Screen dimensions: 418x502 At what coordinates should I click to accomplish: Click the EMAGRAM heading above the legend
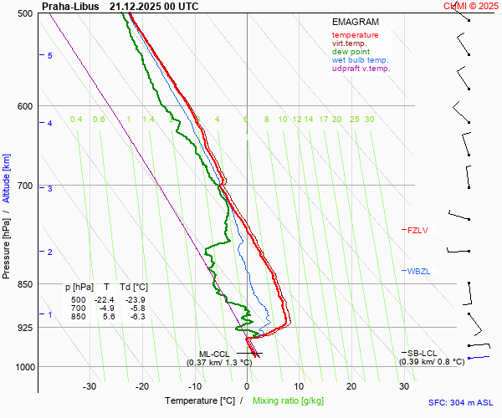click(355, 22)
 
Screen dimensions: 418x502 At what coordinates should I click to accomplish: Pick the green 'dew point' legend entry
click(351, 52)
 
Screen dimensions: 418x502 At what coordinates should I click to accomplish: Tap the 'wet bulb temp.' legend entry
click(360, 60)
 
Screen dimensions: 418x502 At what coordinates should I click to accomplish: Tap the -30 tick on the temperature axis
click(90, 386)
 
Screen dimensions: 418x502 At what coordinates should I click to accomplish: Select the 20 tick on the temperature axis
click(351, 386)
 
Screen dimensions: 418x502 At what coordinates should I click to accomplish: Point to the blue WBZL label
click(417, 271)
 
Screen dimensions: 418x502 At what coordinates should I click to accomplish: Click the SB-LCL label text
click(423, 353)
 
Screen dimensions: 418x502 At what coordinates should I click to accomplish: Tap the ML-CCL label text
click(215, 354)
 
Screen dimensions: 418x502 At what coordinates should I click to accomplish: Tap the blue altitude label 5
click(50, 55)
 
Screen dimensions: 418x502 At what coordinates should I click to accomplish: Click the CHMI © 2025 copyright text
click(472, 6)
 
